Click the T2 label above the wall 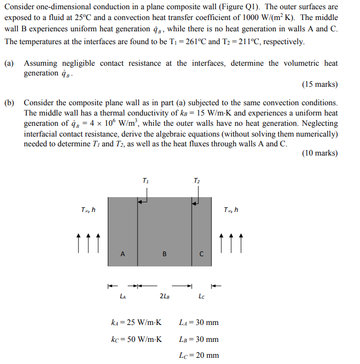pyautogui.click(x=197, y=180)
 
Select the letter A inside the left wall pyautogui.click(x=122, y=253)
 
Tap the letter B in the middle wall pyautogui.click(x=164, y=253)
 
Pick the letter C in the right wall pyautogui.click(x=201, y=253)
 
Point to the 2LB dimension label pyautogui.click(x=164, y=296)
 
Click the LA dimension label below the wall pyautogui.click(x=122, y=296)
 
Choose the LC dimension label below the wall pyautogui.click(x=201, y=296)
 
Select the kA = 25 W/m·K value pyautogui.click(x=136, y=322)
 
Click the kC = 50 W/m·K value pyautogui.click(x=136, y=339)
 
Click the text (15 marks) pyautogui.click(x=319, y=84)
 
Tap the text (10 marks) pyautogui.click(x=319, y=153)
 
